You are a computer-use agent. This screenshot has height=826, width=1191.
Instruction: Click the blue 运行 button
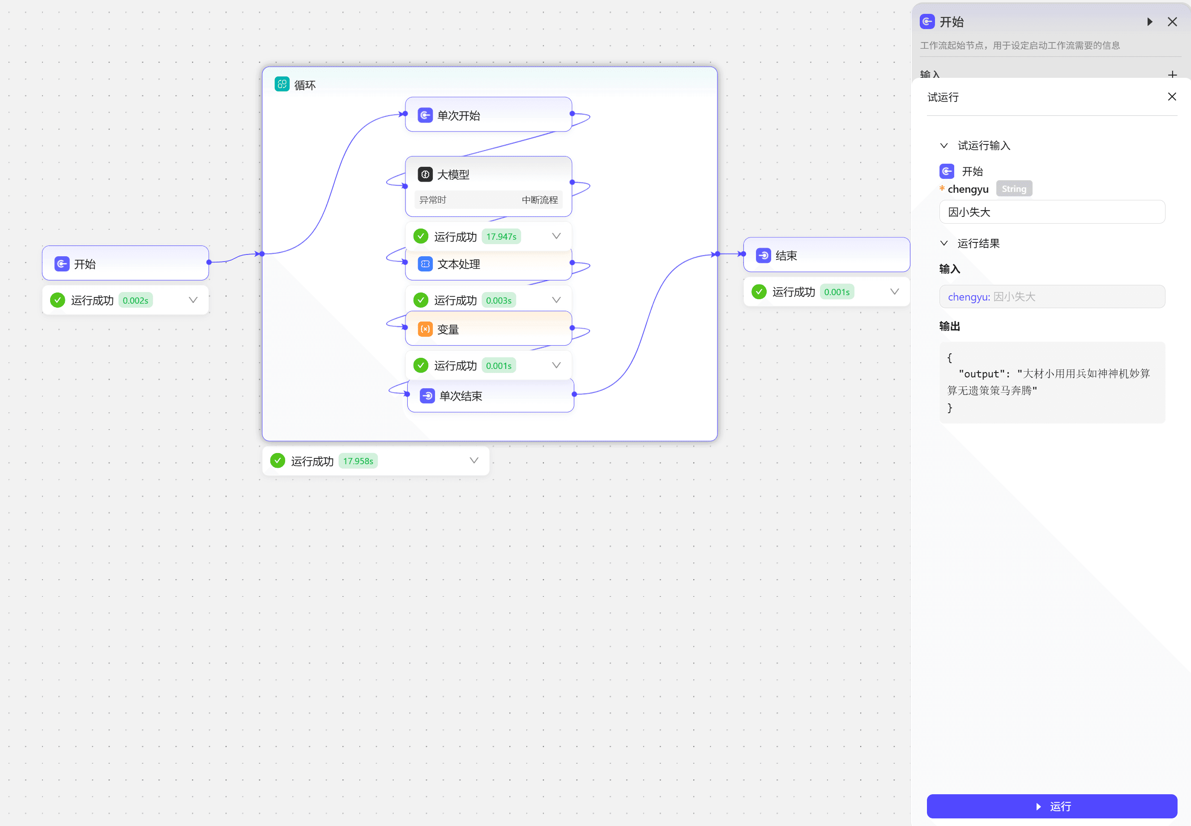[1052, 806]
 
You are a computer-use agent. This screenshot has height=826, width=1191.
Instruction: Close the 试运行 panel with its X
[1172, 97]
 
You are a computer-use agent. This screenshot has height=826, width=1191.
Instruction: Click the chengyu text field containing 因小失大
[1052, 212]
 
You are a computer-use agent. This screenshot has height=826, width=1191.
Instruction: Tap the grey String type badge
[1013, 189]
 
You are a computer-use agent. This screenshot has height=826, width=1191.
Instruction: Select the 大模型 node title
[453, 175]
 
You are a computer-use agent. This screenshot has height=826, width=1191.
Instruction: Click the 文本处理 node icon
[425, 264]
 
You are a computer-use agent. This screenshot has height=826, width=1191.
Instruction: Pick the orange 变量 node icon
[425, 329]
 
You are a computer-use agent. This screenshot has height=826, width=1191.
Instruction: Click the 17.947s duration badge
[501, 237]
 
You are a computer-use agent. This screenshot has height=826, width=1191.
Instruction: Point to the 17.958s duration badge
[358, 461]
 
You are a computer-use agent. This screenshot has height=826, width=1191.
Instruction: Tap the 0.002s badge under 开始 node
[135, 300]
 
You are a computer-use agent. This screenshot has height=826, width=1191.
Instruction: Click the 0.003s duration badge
[499, 300]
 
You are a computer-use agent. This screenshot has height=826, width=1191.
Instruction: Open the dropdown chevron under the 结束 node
[894, 292]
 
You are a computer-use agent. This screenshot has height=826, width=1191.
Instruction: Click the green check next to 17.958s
[277, 461]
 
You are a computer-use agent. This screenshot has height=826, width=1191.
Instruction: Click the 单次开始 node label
[458, 115]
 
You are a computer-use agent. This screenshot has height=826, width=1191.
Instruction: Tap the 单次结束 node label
[461, 396]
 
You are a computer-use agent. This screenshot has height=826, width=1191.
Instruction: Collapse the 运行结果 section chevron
[944, 243]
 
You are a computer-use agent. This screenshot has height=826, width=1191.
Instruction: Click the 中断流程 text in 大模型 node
[540, 200]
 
